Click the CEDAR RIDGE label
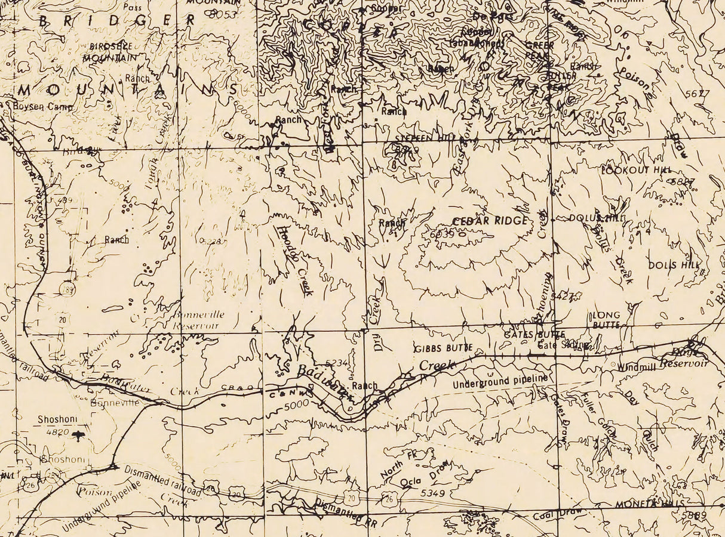(490, 221)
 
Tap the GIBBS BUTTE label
(444, 347)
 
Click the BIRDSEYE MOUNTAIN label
(113, 52)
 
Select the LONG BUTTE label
(606, 320)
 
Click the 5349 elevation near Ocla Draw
(433, 493)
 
